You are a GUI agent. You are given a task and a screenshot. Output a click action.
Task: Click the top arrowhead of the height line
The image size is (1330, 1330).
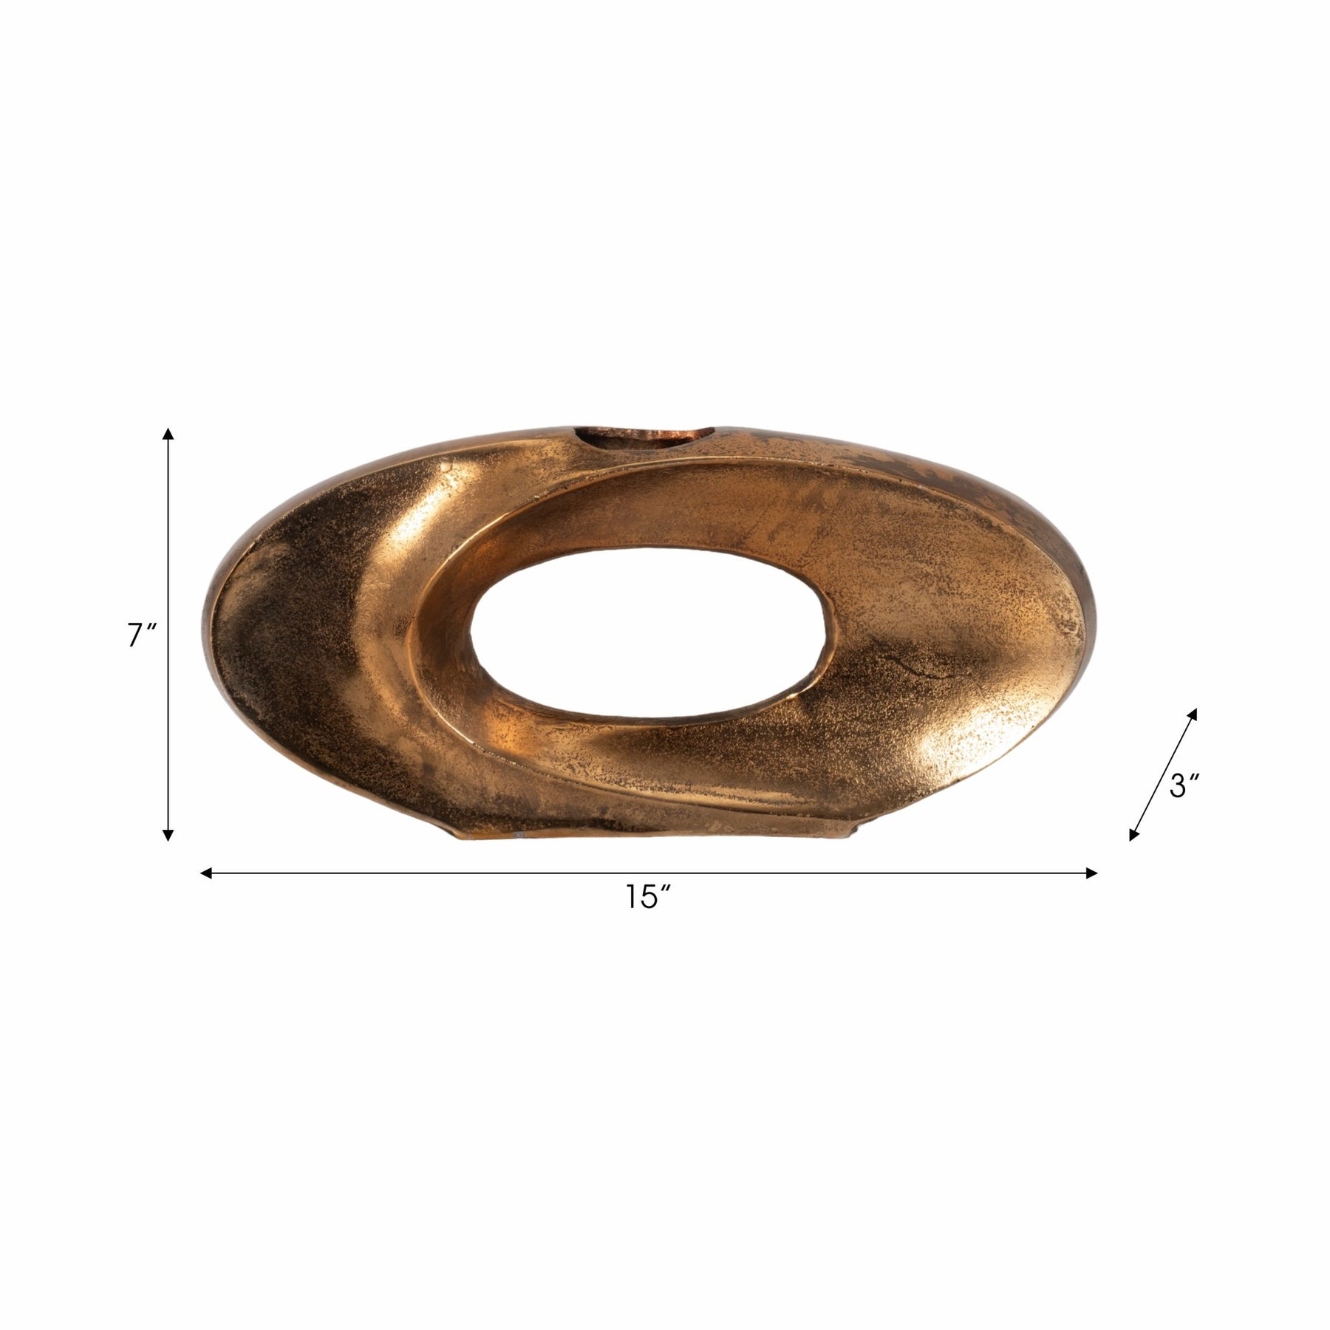click(168, 434)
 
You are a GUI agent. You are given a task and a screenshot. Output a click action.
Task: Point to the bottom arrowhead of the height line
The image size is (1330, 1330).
click(168, 834)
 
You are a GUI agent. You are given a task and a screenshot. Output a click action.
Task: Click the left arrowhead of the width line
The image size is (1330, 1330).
click(208, 873)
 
